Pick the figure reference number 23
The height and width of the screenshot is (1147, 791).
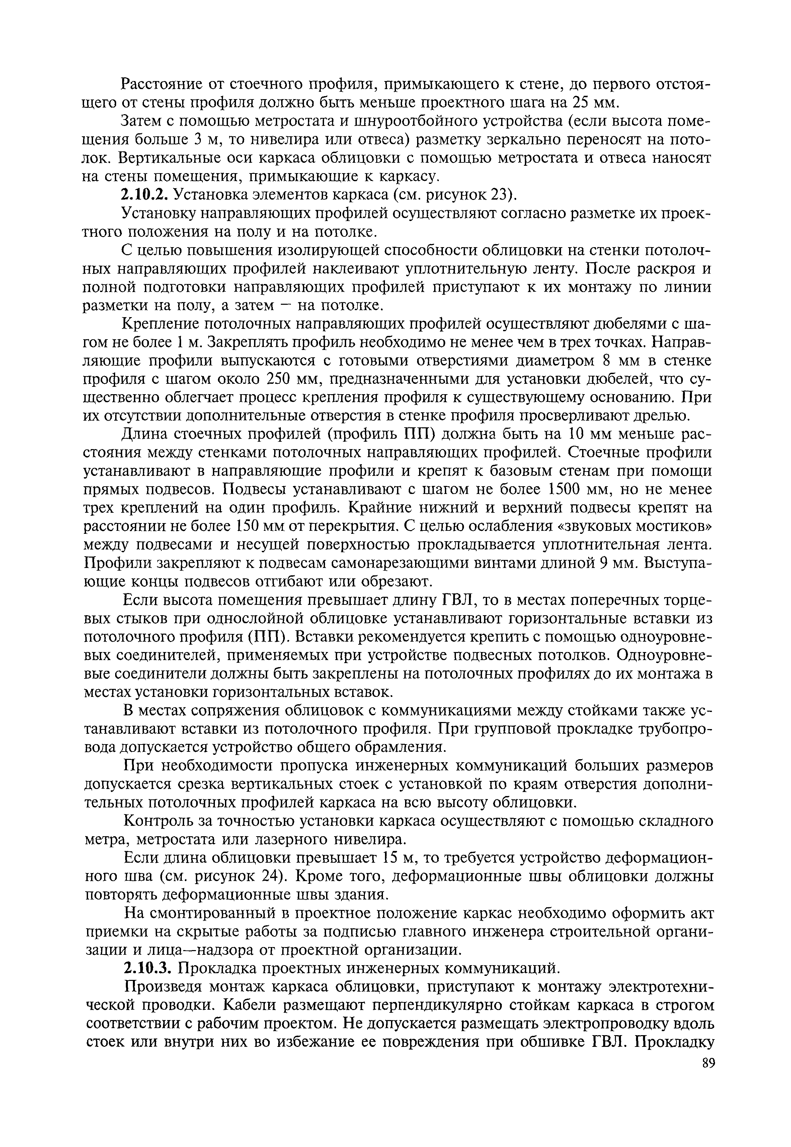[500, 195]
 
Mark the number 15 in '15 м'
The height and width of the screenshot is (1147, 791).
[392, 858]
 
